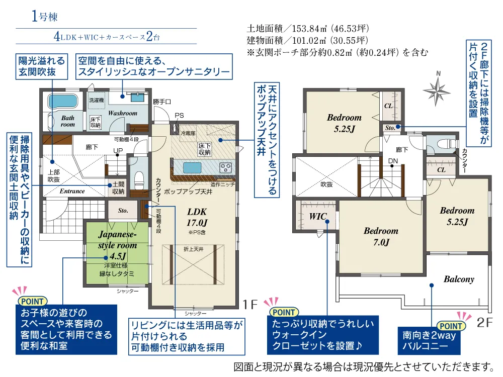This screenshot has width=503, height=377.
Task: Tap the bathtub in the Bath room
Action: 63,102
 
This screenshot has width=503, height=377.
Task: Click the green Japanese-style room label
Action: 117,245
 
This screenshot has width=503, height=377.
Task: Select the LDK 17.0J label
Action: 197,217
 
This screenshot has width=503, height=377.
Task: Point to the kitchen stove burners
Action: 225,167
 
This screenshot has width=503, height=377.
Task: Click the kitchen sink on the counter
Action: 192,167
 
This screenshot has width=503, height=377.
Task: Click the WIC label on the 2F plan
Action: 317,216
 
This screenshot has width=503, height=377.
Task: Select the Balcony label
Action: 459,279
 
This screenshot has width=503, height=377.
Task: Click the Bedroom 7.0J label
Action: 381,236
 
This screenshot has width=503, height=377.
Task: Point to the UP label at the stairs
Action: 118,150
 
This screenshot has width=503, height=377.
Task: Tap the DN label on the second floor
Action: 393,161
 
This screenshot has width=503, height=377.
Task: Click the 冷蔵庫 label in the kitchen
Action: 188,133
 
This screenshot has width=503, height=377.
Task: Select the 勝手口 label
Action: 162,102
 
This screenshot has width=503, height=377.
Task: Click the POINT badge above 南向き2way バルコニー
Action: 451,326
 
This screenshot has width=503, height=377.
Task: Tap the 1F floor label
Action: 250,304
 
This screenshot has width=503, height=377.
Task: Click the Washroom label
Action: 123,113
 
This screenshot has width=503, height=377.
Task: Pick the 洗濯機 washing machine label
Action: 97,101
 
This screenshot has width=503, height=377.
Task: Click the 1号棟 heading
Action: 45,16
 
